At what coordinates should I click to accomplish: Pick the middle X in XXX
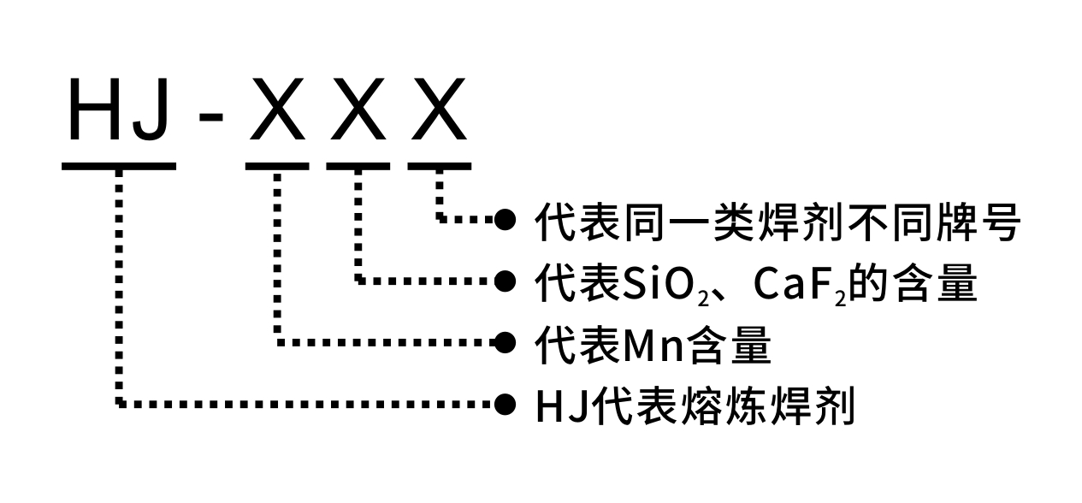coord(358,109)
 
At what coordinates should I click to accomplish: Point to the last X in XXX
coord(438,109)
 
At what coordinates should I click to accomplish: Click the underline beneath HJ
coord(120,165)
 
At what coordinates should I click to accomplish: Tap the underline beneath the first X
coord(277,165)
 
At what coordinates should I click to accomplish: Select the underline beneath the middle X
coord(358,165)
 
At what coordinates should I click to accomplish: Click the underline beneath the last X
coord(439,165)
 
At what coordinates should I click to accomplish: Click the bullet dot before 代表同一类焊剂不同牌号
coord(506,220)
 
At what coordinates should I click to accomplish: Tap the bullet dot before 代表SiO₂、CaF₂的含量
coord(506,280)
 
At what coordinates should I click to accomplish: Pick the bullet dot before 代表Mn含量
coord(506,342)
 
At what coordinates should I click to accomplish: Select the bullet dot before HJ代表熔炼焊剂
coord(506,403)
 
